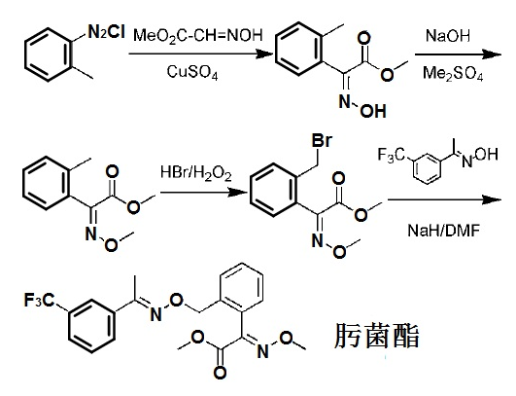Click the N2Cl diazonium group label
click(x=106, y=32)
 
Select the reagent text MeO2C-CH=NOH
click(x=198, y=35)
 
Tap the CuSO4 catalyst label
click(x=192, y=72)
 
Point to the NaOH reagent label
click(x=448, y=35)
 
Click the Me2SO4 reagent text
click(x=453, y=73)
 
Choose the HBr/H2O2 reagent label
click(x=196, y=173)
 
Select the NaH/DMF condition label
click(x=443, y=231)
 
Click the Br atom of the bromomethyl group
click(x=322, y=140)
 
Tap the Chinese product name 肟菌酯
click(x=376, y=336)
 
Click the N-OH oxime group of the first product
click(x=362, y=107)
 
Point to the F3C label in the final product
click(x=39, y=300)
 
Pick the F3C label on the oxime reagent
click(x=392, y=155)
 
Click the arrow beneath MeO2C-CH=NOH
click(x=201, y=54)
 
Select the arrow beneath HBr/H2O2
click(x=204, y=192)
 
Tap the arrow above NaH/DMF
click(x=445, y=199)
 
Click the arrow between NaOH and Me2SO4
click(x=458, y=54)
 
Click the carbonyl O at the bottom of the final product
click(x=220, y=373)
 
